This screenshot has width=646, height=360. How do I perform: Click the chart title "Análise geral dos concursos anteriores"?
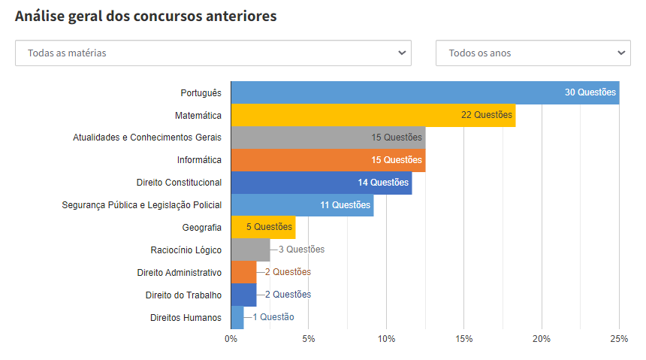146,17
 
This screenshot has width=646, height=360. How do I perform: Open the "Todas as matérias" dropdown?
213,53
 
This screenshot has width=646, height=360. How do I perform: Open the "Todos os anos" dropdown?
533,53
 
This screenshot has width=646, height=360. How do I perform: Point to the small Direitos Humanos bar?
237,317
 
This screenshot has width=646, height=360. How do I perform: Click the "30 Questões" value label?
590,92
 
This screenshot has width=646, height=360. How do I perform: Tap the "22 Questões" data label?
487,115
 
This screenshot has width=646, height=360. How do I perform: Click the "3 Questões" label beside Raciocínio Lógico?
301,250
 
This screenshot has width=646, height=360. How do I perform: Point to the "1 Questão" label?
273,317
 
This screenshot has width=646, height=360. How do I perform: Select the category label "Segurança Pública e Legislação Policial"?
142,205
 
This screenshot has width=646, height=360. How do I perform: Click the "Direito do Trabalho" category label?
183,295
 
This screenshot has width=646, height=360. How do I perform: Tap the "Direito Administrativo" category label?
179,272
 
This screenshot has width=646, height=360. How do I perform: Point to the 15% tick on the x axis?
463,339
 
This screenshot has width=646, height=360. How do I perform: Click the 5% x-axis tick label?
308,339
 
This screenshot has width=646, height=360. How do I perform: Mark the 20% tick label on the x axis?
542,339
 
